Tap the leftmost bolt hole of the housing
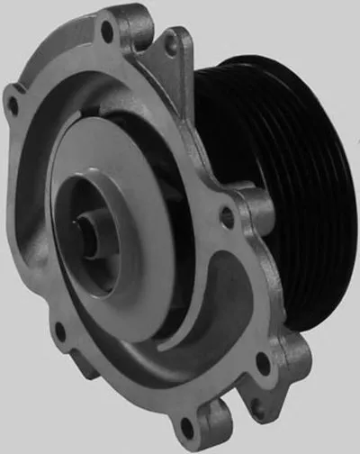click(x=12, y=105)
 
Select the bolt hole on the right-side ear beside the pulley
click(x=228, y=217)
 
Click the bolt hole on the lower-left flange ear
click(x=59, y=331)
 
